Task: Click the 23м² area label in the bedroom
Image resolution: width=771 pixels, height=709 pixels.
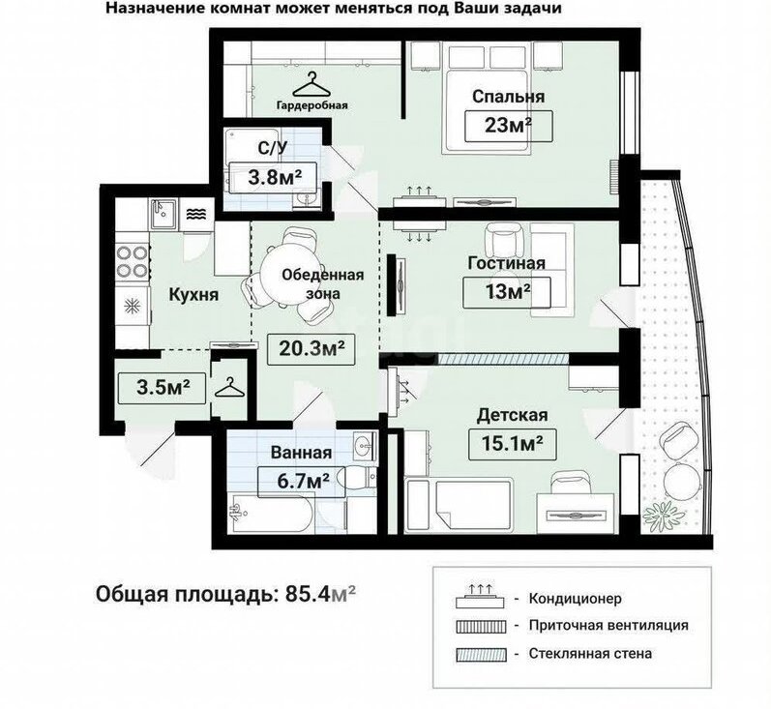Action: point(509,127)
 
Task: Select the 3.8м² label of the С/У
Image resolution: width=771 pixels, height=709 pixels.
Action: point(274,177)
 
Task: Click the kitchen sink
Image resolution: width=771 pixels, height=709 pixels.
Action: point(164,214)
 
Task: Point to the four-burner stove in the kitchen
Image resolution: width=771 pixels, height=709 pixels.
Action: point(133,261)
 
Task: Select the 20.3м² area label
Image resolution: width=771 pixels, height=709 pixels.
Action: point(311,349)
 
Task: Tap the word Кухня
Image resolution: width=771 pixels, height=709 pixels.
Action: point(193,294)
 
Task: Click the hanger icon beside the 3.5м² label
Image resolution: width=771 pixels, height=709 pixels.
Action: point(229,389)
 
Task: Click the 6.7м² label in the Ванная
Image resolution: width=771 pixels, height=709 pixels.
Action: point(303,482)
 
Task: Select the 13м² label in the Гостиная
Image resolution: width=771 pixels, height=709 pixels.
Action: point(507,293)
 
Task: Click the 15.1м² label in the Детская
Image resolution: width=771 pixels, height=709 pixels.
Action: point(513,445)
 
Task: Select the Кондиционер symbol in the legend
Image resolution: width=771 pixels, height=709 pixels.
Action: point(481,597)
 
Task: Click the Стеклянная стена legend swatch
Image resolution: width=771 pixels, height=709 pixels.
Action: point(481,655)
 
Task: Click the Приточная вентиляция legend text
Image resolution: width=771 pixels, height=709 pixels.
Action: point(608,626)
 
